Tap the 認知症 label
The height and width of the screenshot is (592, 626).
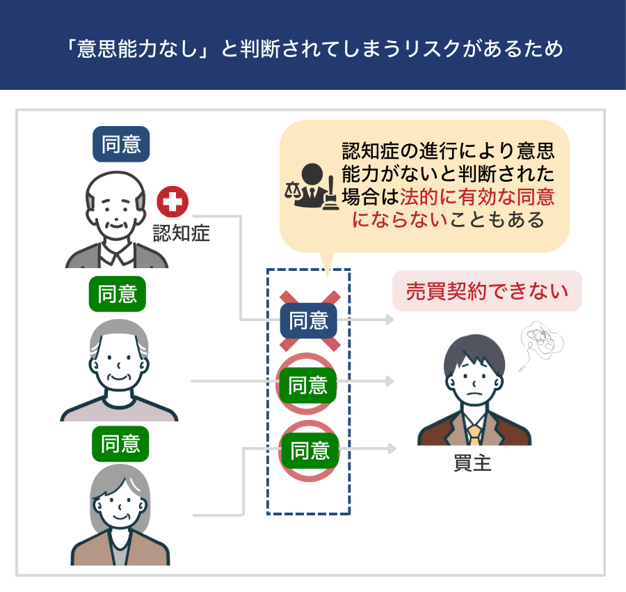[182, 233]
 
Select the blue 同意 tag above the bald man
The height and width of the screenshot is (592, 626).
[121, 144]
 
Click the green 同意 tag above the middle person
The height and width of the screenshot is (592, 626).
[118, 294]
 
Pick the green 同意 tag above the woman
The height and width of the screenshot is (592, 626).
[120, 444]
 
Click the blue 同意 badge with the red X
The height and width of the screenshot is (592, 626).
[309, 320]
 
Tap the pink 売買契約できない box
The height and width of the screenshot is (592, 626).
[487, 290]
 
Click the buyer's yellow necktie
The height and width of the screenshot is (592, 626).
[474, 435]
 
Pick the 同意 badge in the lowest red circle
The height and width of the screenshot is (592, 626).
[310, 450]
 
